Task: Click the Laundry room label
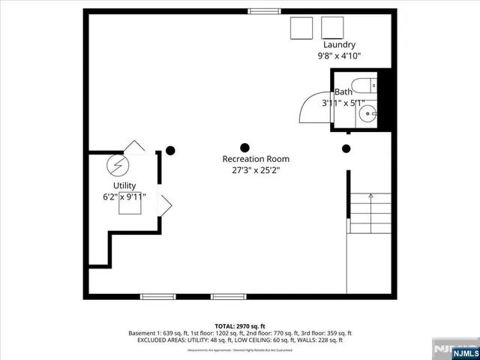pos(339,45)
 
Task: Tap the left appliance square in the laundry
pos(302,28)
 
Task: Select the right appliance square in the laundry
pos(332,28)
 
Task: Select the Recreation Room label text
pos(255,159)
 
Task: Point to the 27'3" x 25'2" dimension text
pos(255,170)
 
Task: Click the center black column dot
pos(244,147)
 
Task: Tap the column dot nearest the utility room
pos(170,150)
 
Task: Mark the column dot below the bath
pos(346,148)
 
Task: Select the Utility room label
pos(124,185)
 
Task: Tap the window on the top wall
pos(260,11)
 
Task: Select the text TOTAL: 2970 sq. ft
pos(240,325)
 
